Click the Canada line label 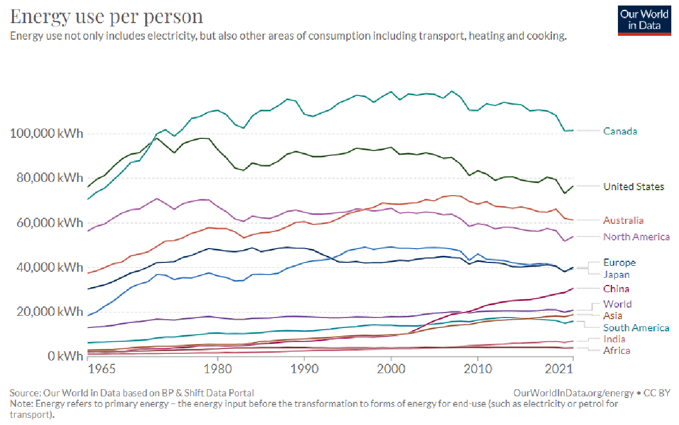point(620,131)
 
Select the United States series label point(633,187)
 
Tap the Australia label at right point(623,220)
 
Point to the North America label point(636,237)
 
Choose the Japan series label point(616,275)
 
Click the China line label point(616,289)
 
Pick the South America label point(636,328)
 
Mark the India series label point(614,339)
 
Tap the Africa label point(616,351)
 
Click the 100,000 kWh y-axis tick point(46,133)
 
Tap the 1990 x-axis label point(304,368)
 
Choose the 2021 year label point(562,368)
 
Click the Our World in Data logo point(644,19)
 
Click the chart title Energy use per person point(107,17)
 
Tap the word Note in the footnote point(20,404)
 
